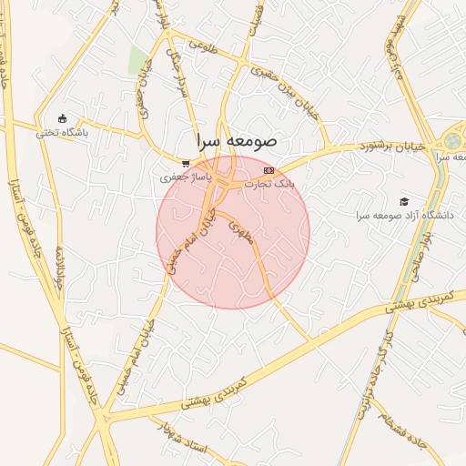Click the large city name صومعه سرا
236,143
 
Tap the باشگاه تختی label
61,133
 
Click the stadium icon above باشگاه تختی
62,118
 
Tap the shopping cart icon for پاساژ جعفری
186,164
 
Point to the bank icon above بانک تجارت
268,170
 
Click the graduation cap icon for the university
404,202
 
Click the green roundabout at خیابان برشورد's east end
452,143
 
